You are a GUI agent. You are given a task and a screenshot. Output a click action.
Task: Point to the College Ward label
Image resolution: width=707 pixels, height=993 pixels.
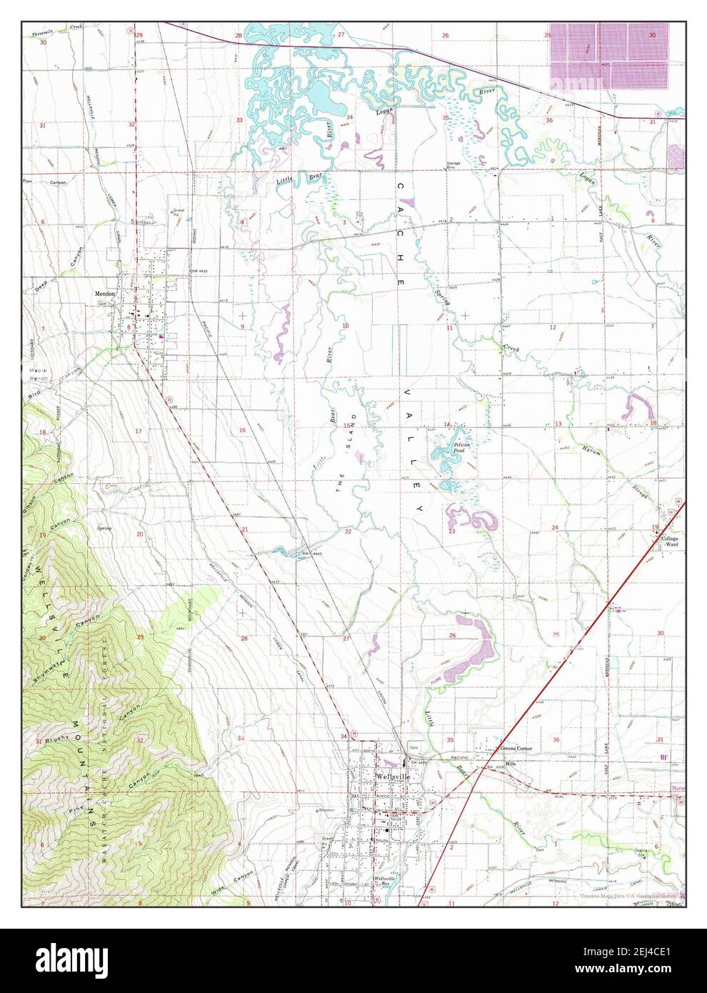[x=671, y=541]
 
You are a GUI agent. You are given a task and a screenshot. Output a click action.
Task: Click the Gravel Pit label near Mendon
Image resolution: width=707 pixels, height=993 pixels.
[x=179, y=212]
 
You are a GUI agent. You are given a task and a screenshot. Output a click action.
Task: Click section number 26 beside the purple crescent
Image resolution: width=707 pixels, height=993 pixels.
[x=452, y=635]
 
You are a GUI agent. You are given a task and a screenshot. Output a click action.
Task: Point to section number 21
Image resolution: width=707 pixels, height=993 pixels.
[x=244, y=529]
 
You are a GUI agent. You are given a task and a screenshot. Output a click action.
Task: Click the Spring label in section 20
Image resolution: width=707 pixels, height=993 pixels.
[x=104, y=528]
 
